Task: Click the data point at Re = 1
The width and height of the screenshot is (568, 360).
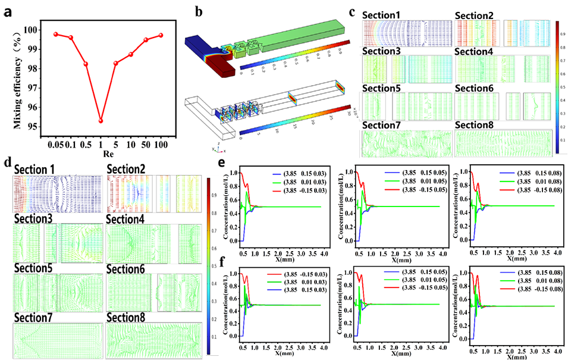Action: pos(101,121)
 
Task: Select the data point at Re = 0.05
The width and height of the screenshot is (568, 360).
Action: pos(56,34)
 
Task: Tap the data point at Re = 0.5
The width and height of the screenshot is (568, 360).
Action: pos(86,64)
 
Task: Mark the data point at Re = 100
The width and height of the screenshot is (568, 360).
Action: pos(161,35)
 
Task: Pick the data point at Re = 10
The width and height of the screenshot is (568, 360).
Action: pos(131,54)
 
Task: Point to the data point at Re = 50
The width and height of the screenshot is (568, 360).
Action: pos(146,40)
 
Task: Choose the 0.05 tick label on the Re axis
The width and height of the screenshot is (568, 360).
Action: pos(55,144)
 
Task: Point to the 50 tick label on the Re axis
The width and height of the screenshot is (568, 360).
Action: pos(145,144)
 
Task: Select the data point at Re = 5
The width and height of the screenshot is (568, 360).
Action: pos(116,63)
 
